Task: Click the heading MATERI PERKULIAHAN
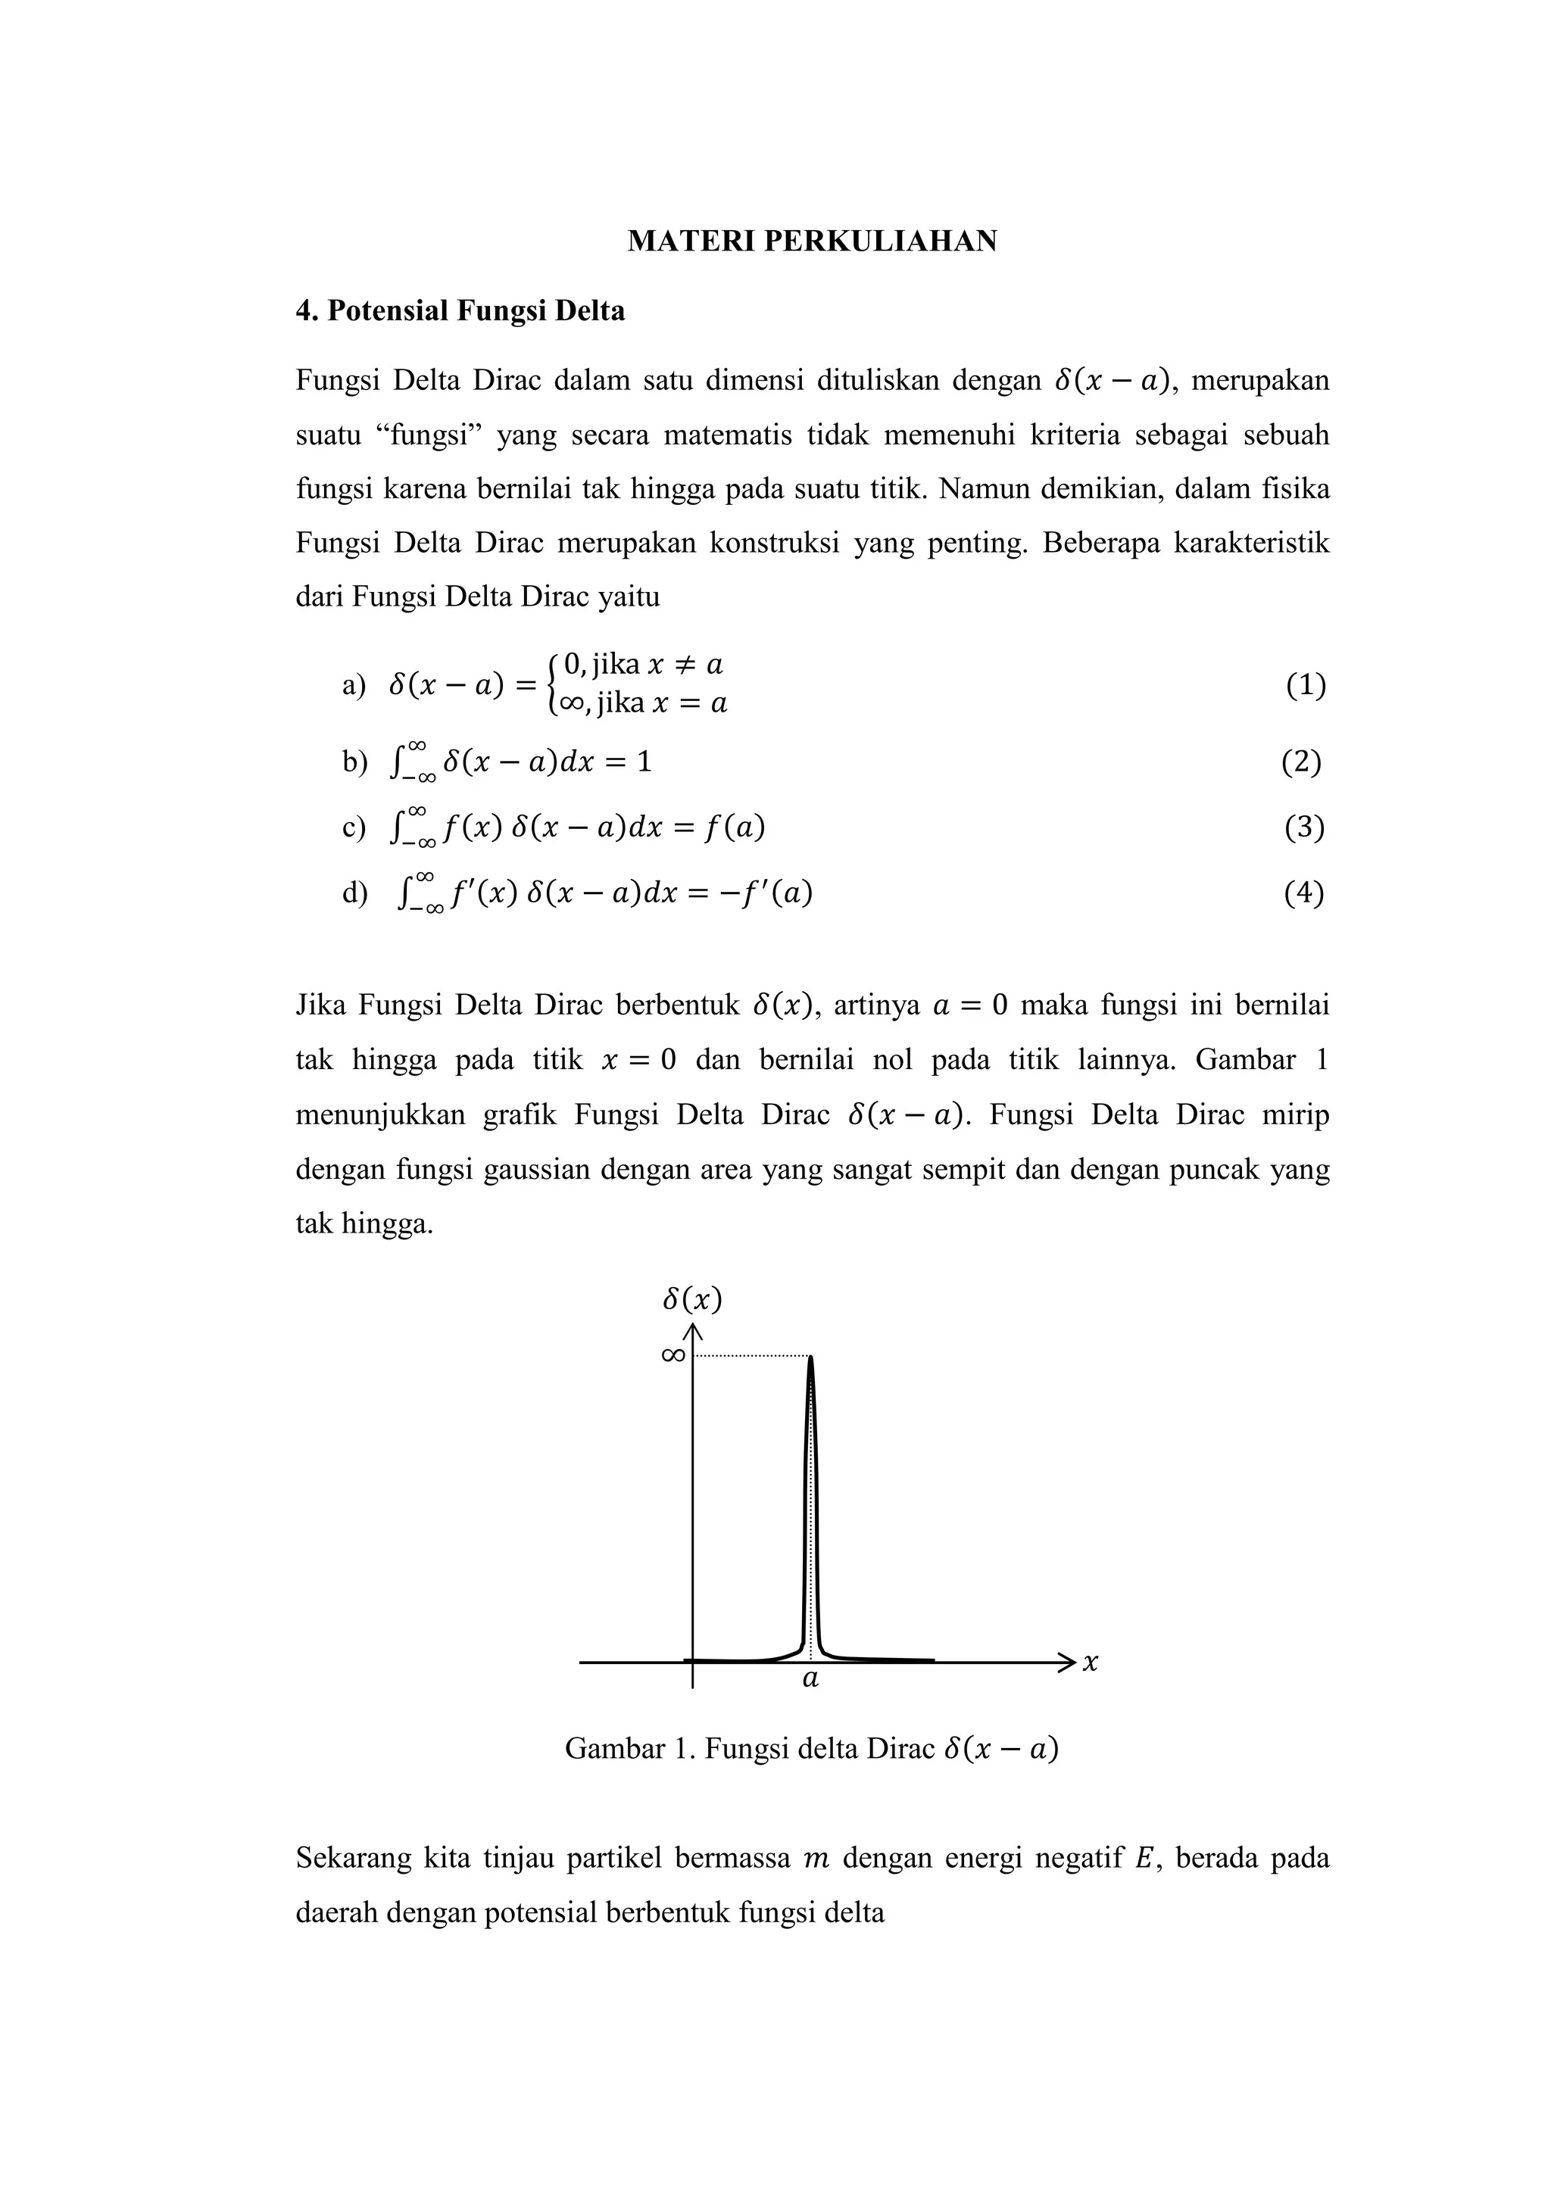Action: pos(811,241)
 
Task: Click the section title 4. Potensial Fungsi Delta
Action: pos(460,310)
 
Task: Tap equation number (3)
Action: pos(1303,827)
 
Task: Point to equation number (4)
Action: pos(1303,893)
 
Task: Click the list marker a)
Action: pos(354,685)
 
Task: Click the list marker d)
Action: pos(354,893)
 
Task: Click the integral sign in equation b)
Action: pos(397,762)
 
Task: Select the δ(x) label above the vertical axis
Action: pos(692,1300)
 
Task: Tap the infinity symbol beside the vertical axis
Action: pos(672,1355)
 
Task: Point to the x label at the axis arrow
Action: pos(1091,1663)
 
